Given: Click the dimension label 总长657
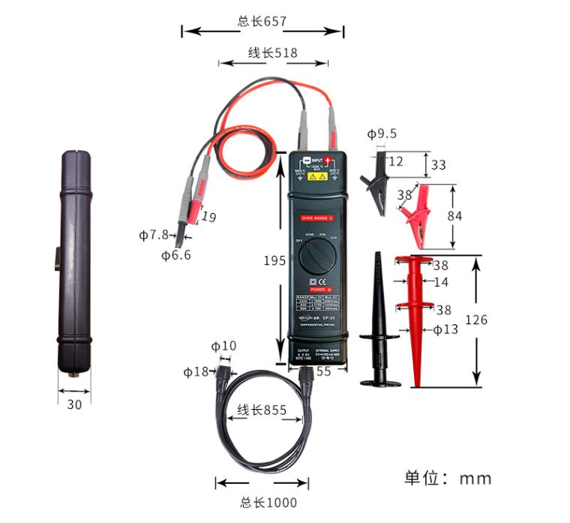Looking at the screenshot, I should [x=262, y=21].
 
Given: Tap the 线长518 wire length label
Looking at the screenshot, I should [x=273, y=53].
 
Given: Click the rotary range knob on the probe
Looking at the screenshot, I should [x=316, y=259].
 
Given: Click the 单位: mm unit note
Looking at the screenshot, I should [x=448, y=477].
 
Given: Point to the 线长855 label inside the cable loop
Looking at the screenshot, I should [x=262, y=410].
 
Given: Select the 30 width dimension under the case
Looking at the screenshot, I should [x=73, y=404].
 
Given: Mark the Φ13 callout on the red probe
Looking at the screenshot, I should [x=445, y=329].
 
